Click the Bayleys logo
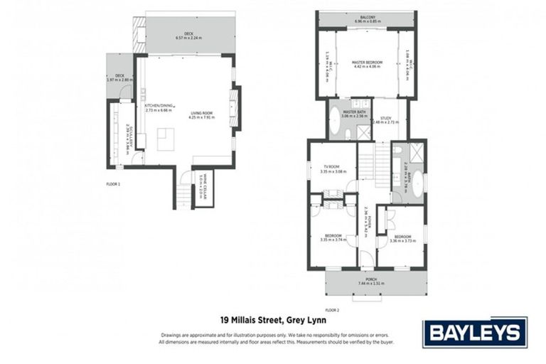[x=475, y=332]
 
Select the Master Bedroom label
[x=367, y=63]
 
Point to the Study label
[x=386, y=119]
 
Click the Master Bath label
[x=353, y=112]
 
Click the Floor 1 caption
[x=114, y=185]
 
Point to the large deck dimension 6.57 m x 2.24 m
[x=189, y=38]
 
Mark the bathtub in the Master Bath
[x=335, y=122]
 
